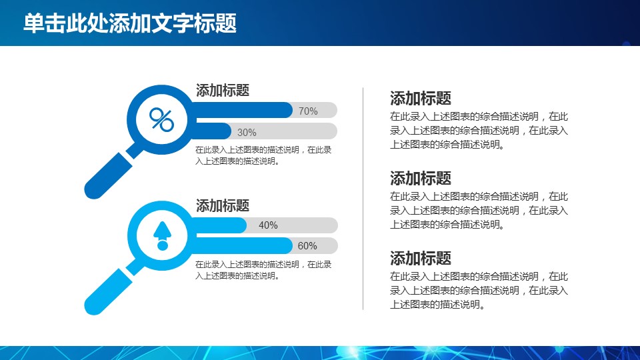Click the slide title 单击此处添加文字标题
point(130,23)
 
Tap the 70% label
point(308,111)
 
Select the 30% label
point(247,133)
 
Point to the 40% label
point(268,225)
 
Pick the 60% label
point(307,246)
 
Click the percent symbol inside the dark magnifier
point(161,119)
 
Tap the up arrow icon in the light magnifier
point(163,235)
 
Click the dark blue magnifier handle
point(108,176)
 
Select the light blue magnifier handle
point(108,292)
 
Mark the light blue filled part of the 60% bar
point(243,246)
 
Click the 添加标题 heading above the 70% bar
point(223,90)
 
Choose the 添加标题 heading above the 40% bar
point(223,205)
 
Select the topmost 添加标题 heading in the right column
point(421,99)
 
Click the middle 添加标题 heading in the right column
point(421,179)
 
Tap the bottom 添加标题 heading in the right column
point(421,259)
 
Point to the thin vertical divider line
point(363,199)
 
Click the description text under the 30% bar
point(263,155)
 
